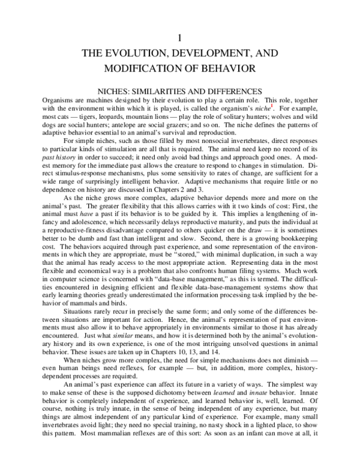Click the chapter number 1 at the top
179,37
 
